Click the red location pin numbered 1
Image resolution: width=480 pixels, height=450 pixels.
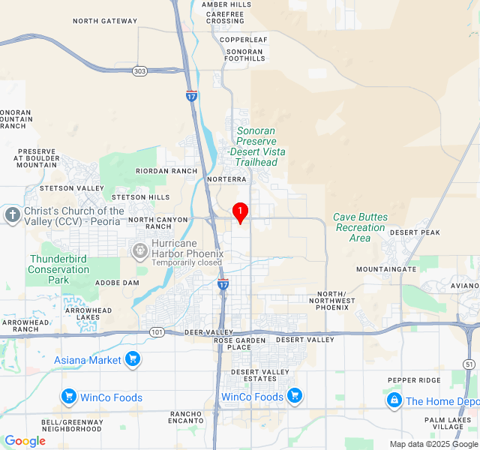[x=240, y=213]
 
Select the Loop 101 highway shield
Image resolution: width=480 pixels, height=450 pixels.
[x=155, y=331]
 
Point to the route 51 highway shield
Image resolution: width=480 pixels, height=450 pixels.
[x=469, y=364]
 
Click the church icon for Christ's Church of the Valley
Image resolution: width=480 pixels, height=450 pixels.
[x=12, y=216]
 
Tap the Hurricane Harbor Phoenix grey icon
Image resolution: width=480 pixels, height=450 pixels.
[x=139, y=249]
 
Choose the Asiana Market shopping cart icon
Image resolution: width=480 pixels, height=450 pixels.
[x=133, y=360]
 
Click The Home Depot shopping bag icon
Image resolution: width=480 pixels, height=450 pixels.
[x=394, y=401]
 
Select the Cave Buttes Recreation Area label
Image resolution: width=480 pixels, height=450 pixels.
[x=361, y=227]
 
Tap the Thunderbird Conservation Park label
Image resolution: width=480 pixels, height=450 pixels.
[x=59, y=269]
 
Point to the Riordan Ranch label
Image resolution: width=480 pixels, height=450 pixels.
[x=166, y=171]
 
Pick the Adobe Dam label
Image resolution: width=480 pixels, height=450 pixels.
[x=117, y=283]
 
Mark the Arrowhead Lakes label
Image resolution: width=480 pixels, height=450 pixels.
[x=88, y=313]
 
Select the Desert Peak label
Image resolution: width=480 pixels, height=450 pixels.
[x=415, y=232]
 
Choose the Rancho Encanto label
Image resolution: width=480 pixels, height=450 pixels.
[x=186, y=418]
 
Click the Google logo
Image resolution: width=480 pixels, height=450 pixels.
[x=25, y=441]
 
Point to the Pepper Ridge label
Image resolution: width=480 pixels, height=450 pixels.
[x=414, y=380]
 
